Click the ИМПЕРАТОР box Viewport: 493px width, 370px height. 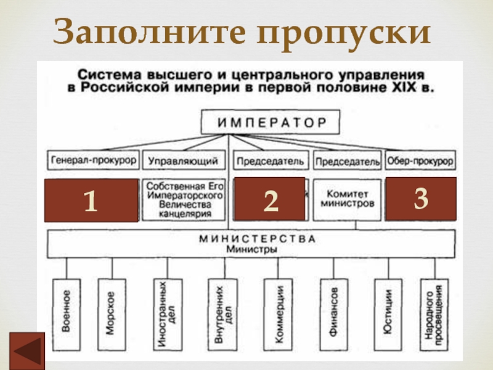click(272, 122)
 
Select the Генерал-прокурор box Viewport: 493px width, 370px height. click(92, 161)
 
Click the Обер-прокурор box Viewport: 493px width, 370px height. click(420, 161)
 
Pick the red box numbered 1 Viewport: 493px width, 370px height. click(91, 200)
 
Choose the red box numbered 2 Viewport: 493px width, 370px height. click(270, 199)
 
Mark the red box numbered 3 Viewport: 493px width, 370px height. click(421, 198)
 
